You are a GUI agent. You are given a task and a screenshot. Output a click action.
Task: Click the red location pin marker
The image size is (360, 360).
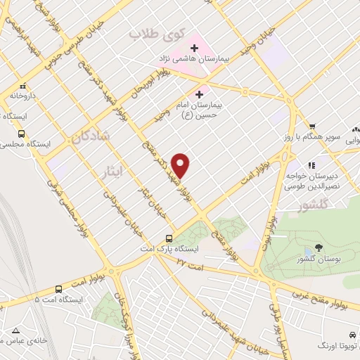coord(181,165)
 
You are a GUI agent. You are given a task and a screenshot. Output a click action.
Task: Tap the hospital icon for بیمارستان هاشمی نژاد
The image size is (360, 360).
coord(193,47)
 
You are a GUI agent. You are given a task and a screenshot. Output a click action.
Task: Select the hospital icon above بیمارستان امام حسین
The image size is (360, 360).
coord(199,93)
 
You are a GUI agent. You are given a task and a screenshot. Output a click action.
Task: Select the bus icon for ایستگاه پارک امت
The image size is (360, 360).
coord(169,238)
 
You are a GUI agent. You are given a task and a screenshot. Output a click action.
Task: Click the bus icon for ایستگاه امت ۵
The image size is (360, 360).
coord(58,288)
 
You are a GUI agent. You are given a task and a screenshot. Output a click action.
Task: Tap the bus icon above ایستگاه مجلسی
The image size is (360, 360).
coord(21,133)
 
